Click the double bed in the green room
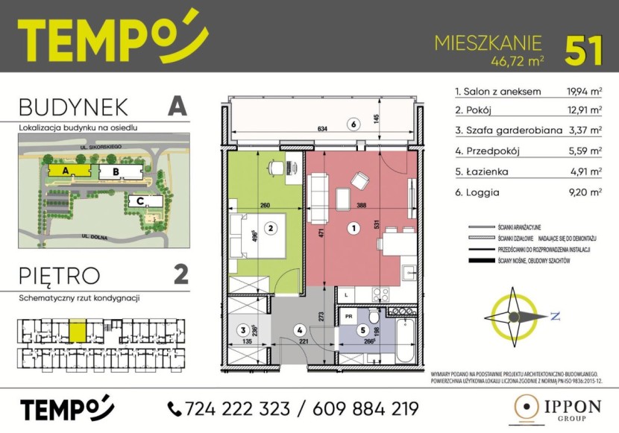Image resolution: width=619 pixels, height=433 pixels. pyautogui.click(x=256, y=235)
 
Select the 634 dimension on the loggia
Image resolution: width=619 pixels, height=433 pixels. pyautogui.click(x=322, y=129)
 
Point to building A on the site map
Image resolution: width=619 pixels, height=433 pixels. pyautogui.click(x=67, y=171)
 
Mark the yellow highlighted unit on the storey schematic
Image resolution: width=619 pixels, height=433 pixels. pyautogui.click(x=78, y=328)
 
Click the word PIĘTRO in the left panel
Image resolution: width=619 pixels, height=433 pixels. pyautogui.click(x=60, y=275)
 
